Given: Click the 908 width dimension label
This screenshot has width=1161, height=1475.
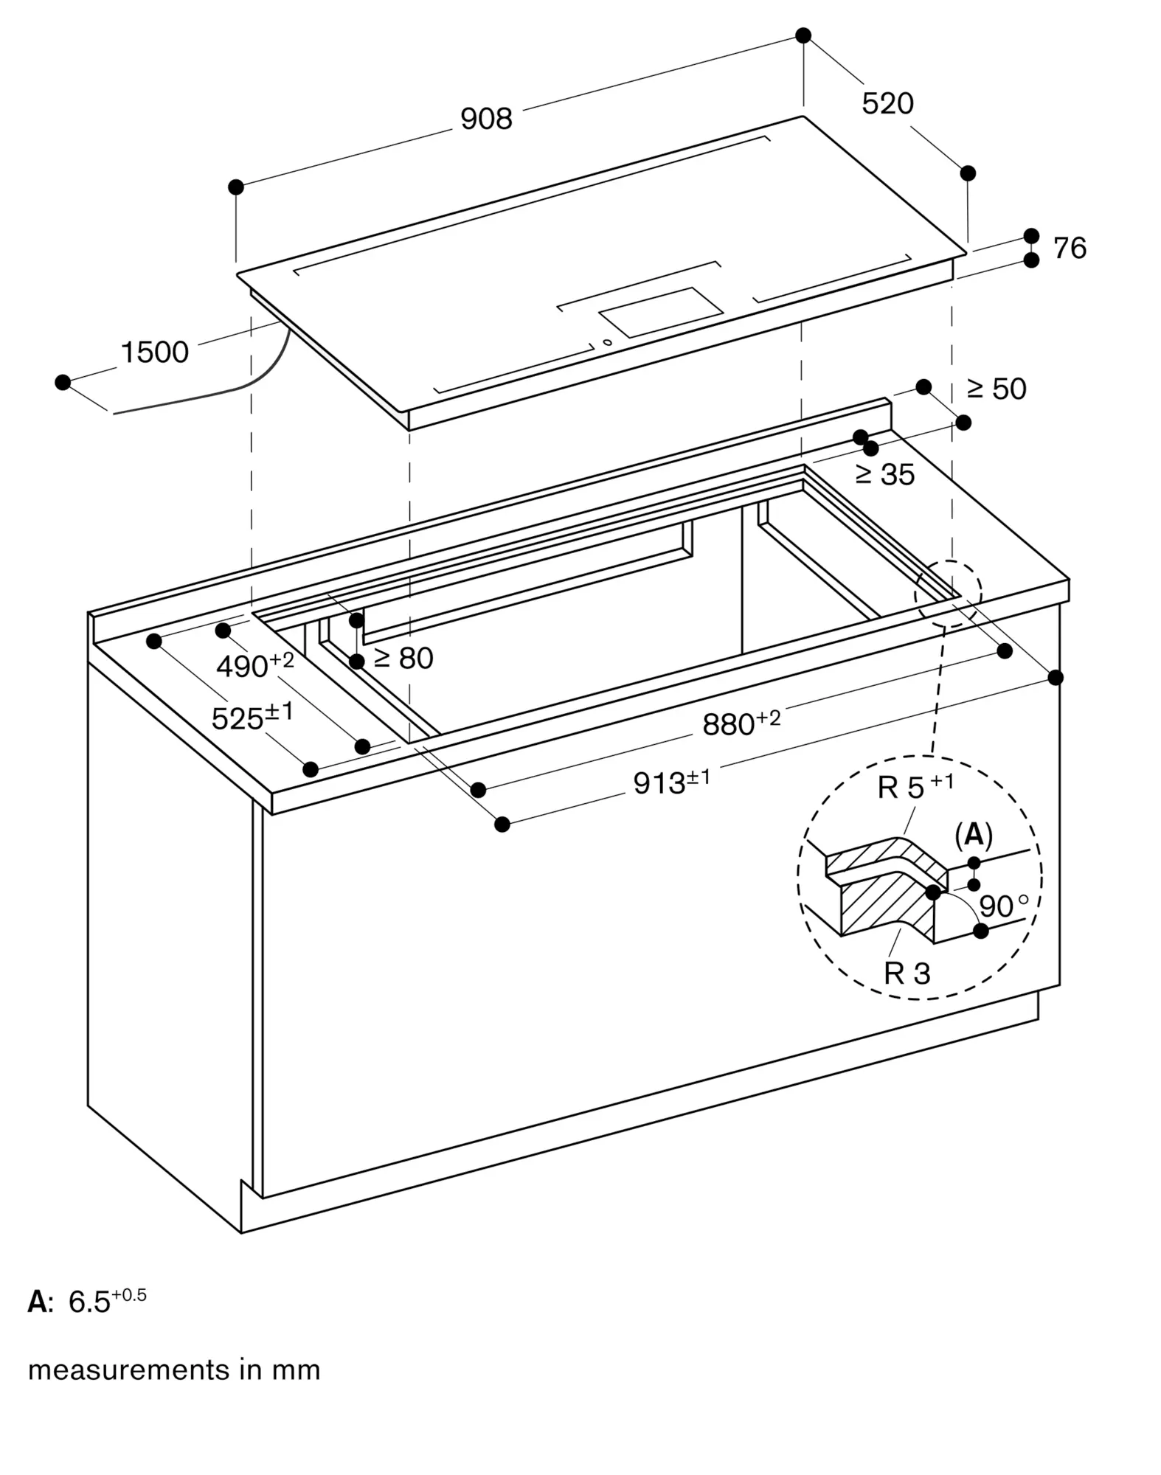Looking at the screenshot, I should [485, 119].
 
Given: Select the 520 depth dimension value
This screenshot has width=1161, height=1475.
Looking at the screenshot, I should [887, 103].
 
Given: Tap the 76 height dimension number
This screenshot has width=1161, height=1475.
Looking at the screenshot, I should [1069, 249].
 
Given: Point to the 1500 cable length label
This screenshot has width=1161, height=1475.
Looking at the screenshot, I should [155, 353].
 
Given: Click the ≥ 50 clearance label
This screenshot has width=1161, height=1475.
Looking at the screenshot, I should [996, 389].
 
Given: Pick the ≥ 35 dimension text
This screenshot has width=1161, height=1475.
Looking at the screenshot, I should [884, 474].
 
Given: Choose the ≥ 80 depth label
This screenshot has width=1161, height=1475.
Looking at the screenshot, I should [403, 658].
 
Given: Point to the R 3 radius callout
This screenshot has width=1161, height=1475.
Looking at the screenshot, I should [907, 974].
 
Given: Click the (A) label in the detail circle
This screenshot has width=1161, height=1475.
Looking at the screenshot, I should [974, 835].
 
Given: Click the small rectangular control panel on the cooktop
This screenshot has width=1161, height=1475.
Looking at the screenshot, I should [660, 311].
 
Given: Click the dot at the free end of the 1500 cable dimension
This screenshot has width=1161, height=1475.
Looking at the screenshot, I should [63, 382].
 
